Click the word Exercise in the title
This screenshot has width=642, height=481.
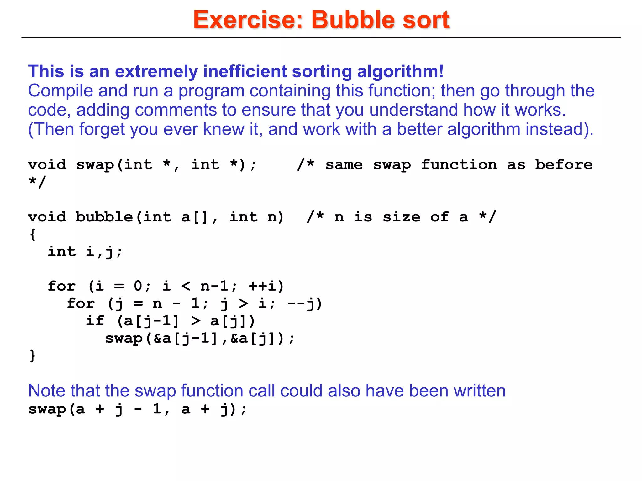(248, 20)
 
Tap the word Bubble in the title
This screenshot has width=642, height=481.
(353, 20)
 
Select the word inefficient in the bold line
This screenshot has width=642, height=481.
(245, 71)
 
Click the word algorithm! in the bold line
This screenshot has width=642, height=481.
(400, 71)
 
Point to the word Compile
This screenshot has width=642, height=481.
(61, 91)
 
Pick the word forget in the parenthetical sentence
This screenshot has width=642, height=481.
(102, 129)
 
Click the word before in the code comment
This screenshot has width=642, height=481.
(563, 165)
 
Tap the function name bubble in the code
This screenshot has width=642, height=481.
(104, 217)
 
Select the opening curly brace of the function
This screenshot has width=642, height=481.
(32, 234)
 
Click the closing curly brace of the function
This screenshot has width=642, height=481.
(32, 356)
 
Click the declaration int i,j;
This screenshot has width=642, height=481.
(85, 252)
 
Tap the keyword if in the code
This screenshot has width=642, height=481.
(95, 321)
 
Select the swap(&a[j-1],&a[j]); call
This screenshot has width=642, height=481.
(200, 339)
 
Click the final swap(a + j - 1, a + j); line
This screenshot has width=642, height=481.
(137, 409)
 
